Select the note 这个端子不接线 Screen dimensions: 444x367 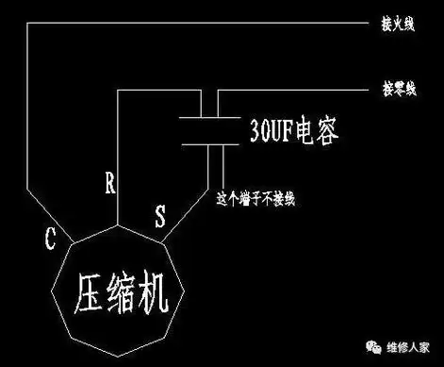[x=255, y=200]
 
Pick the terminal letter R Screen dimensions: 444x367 [x=110, y=183]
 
